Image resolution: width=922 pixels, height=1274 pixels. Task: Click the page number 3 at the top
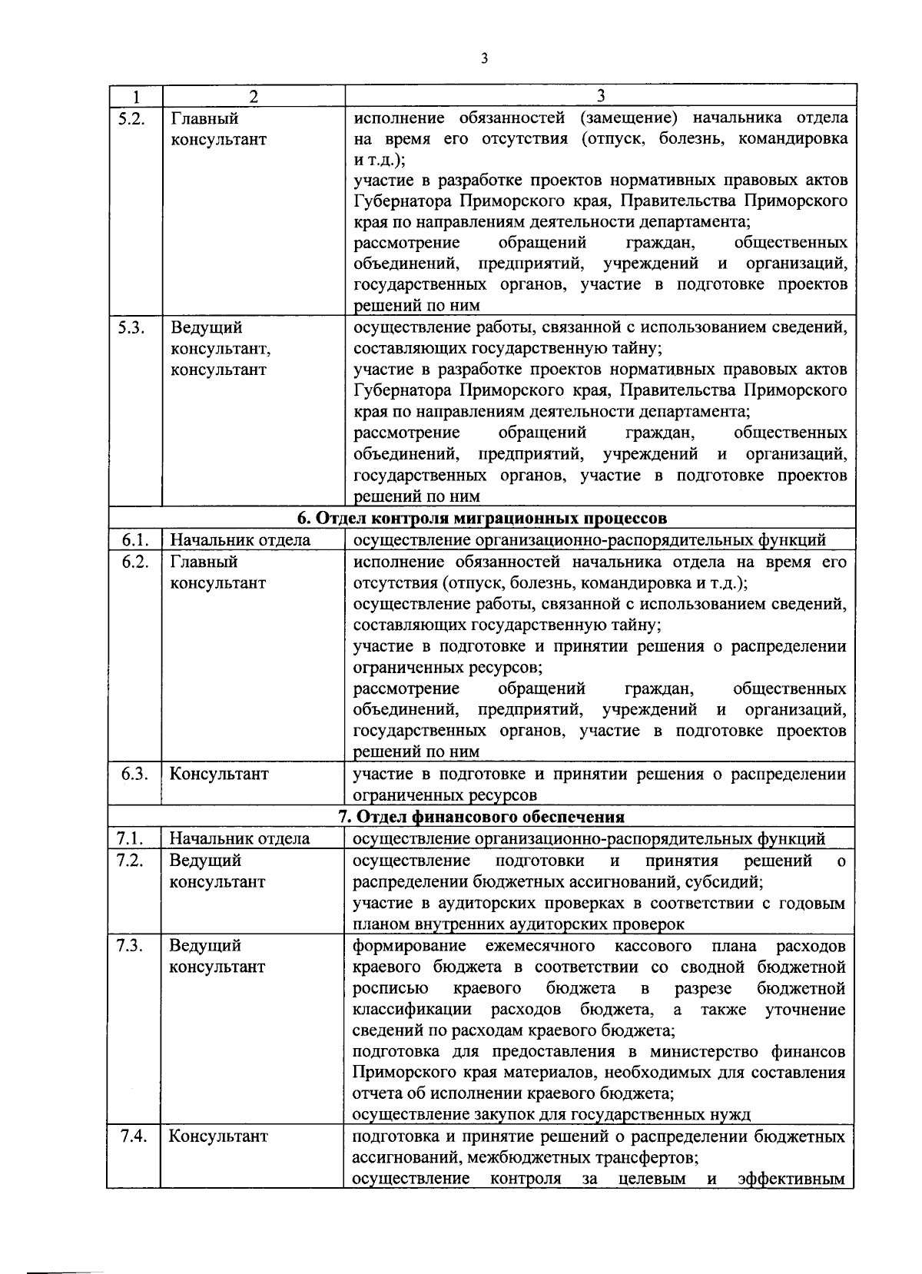coord(483,58)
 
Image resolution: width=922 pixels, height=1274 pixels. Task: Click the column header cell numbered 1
coord(135,96)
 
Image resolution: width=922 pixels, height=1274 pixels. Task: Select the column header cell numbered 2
coord(254,96)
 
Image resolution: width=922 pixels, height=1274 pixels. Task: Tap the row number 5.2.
coord(134,118)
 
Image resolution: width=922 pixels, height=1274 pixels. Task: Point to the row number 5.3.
coord(134,328)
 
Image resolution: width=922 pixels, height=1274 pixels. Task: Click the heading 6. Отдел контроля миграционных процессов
coord(482,517)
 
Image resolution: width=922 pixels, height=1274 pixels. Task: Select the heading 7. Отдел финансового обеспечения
coord(482,816)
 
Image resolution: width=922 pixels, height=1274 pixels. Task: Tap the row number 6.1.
coord(134,540)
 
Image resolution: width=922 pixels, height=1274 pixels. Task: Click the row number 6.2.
coord(134,562)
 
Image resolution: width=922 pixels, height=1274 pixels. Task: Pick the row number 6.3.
coord(134,774)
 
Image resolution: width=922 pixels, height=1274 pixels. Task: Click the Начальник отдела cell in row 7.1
coord(240,838)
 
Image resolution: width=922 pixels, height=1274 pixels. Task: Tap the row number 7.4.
coord(134,1136)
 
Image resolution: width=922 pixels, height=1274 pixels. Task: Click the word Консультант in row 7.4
coord(219,1136)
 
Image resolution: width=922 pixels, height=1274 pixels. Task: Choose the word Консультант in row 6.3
coord(219,774)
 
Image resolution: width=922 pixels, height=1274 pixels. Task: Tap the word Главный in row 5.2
coord(204,118)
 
